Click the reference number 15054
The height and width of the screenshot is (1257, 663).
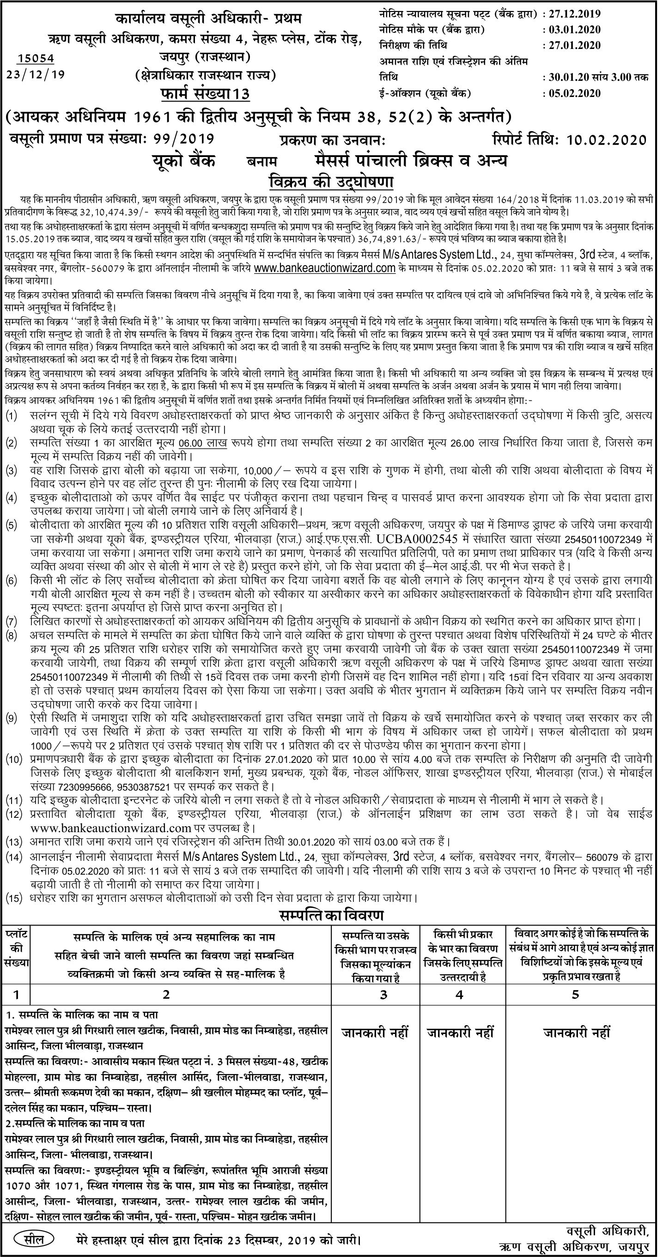coord(36,59)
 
